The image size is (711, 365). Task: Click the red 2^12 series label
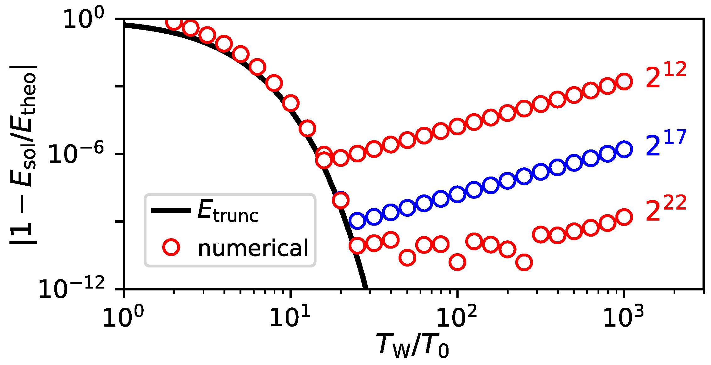pyautogui.click(x=666, y=76)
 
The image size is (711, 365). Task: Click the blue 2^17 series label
pyautogui.click(x=666, y=143)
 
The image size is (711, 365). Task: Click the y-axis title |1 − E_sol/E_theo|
pyautogui.click(x=24, y=154)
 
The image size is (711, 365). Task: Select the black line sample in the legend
pyautogui.click(x=171, y=211)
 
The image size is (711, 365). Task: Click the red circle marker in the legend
pyautogui.click(x=171, y=247)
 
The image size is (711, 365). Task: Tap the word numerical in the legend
pyautogui.click(x=253, y=248)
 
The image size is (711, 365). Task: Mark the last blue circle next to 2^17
pyautogui.click(x=624, y=149)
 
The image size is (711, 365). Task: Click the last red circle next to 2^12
pyautogui.click(x=624, y=81)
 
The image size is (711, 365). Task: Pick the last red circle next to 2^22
pyautogui.click(x=624, y=217)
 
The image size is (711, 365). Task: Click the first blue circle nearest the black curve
pyautogui.click(x=357, y=221)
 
